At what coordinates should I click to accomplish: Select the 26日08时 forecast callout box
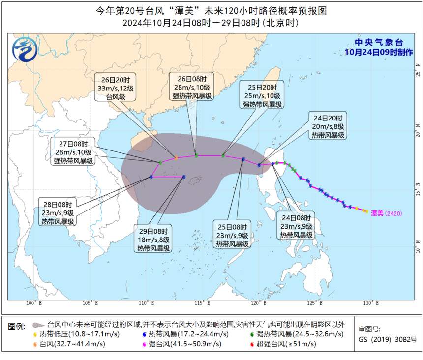[191, 88]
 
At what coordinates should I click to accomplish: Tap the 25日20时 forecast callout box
[262, 95]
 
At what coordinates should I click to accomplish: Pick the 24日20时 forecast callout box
[328, 126]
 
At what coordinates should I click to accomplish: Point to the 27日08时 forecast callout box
[74, 151]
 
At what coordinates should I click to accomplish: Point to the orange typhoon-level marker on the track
[176, 158]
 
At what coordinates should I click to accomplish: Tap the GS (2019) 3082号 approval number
[387, 339]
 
